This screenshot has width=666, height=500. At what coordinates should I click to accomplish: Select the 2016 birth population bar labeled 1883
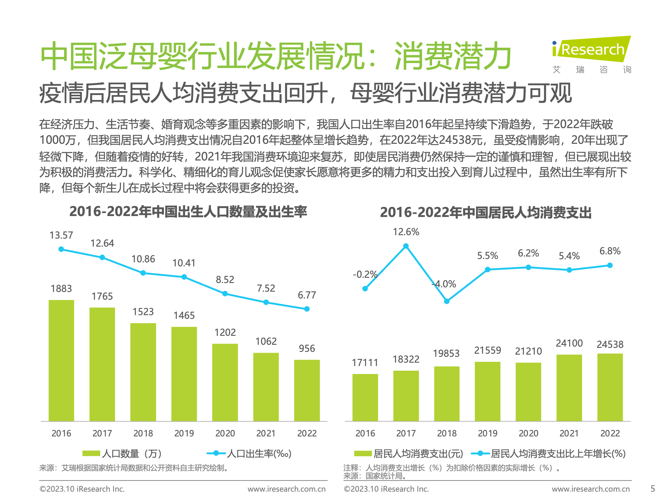(x=61, y=360)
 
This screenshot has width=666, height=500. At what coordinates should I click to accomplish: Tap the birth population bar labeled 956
(x=307, y=390)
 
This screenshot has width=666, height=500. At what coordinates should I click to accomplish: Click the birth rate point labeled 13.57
(x=61, y=249)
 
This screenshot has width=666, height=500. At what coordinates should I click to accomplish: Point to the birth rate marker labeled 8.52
(x=225, y=294)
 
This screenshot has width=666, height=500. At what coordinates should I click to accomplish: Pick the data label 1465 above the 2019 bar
(x=184, y=315)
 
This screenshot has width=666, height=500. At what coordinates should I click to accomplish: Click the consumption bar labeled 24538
(x=610, y=387)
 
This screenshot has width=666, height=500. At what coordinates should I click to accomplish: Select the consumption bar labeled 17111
(x=365, y=397)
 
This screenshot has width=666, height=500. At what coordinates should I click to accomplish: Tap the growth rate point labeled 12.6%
(x=406, y=246)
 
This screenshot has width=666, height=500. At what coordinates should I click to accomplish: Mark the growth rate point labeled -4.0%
(x=447, y=301)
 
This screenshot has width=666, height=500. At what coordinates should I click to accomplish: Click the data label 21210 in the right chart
(x=528, y=351)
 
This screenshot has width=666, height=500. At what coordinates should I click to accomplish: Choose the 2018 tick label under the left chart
(x=143, y=433)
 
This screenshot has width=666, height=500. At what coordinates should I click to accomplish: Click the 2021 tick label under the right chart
(x=569, y=433)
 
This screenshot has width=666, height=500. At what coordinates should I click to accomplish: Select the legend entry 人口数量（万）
(x=122, y=453)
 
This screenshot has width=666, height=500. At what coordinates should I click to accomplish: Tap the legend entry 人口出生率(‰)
(x=249, y=453)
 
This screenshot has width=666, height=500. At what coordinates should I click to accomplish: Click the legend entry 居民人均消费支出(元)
(x=409, y=453)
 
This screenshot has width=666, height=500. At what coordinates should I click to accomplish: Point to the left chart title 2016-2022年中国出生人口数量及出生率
(x=188, y=212)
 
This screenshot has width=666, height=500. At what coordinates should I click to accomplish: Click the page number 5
(x=652, y=489)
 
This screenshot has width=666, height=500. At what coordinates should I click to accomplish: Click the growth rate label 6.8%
(x=610, y=251)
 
